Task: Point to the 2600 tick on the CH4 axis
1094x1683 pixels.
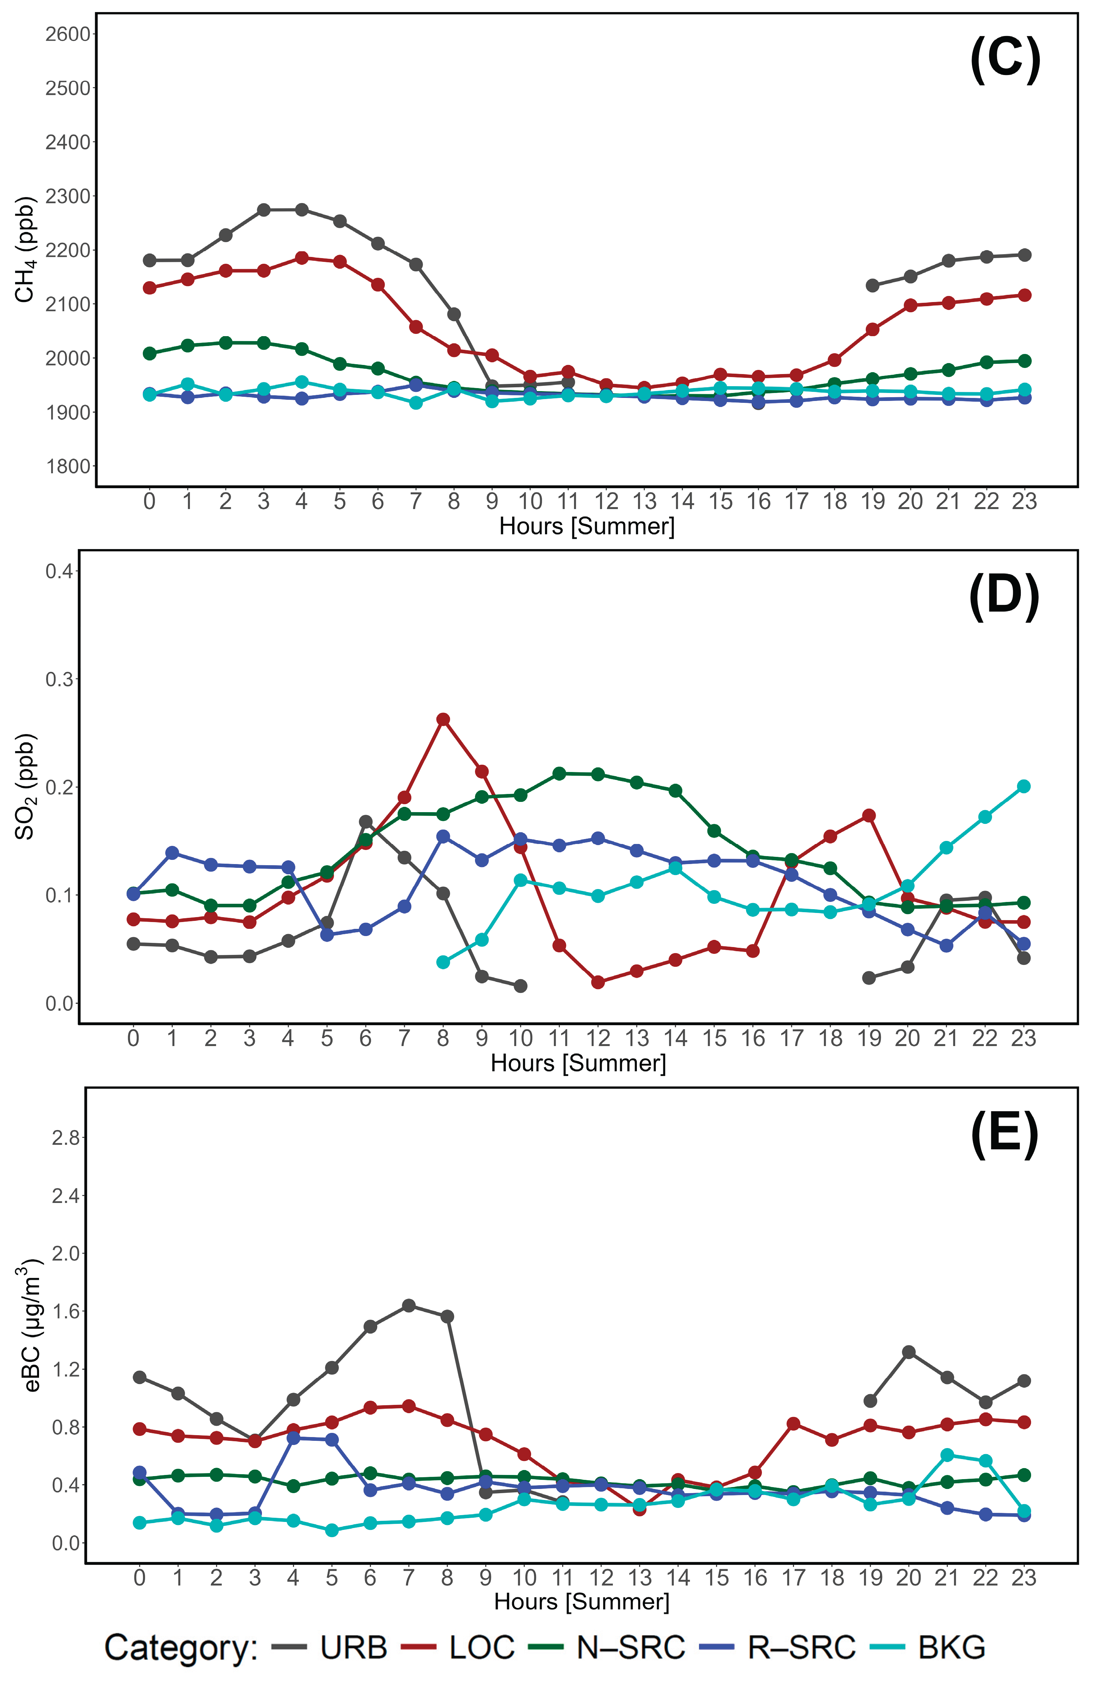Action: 68,34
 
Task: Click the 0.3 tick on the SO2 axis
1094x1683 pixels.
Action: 60,679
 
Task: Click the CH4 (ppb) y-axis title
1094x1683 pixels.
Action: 25,250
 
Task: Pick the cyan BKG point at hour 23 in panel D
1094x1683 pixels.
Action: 1023,786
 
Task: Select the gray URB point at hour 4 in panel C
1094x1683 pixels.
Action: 302,210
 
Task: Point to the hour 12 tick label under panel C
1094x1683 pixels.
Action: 606,501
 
